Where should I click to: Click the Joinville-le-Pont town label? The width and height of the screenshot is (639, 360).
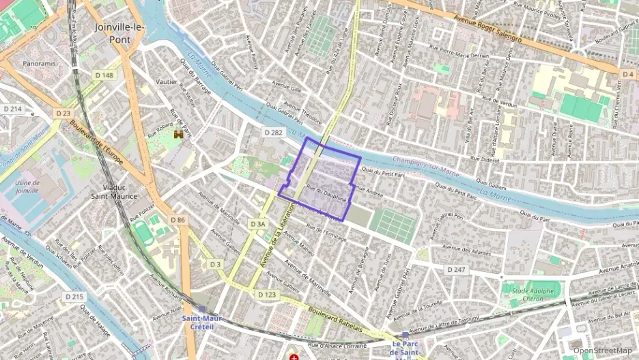click(x=113, y=33)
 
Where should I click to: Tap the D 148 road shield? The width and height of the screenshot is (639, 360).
click(x=104, y=75)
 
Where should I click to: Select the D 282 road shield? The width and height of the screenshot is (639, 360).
click(x=273, y=133)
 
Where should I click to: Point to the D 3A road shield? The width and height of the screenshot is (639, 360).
click(x=257, y=223)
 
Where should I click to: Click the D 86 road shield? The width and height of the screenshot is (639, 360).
click(x=178, y=219)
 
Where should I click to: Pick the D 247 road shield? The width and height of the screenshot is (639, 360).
click(x=456, y=270)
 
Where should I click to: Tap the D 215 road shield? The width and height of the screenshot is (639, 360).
click(x=74, y=296)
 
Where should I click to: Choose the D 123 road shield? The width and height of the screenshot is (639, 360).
click(x=267, y=294)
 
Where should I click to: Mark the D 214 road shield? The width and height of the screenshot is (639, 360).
click(x=12, y=109)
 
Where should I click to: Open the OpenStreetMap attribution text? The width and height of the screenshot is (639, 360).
click(x=602, y=350)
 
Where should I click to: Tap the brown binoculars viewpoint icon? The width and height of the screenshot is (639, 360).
click(x=179, y=135)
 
